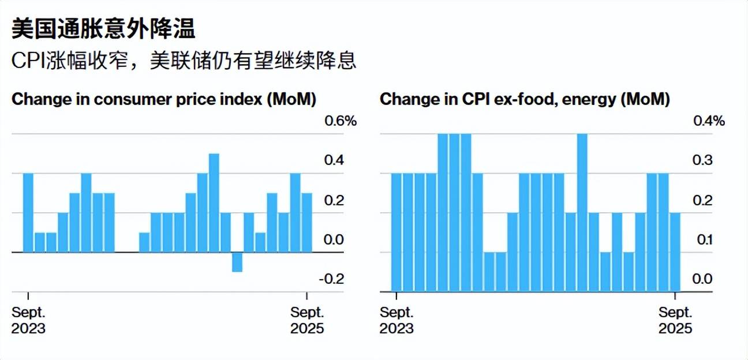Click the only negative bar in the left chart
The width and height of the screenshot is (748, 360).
237,262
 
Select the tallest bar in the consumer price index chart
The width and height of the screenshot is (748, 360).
214,202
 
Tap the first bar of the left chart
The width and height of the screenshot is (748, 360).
28,212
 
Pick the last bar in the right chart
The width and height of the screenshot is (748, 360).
675,252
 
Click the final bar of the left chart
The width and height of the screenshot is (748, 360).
306,222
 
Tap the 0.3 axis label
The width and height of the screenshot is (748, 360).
702,160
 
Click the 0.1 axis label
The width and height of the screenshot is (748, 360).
702,239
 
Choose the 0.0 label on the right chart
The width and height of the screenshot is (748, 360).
702,279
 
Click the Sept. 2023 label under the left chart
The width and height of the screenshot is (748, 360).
29,320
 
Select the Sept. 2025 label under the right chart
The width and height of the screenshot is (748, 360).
675,320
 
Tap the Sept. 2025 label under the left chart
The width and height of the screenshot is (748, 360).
307,320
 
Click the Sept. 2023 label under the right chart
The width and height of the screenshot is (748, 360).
397,320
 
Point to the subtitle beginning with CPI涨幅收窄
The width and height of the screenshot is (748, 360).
184,61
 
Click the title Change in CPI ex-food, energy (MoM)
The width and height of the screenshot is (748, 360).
525,99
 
